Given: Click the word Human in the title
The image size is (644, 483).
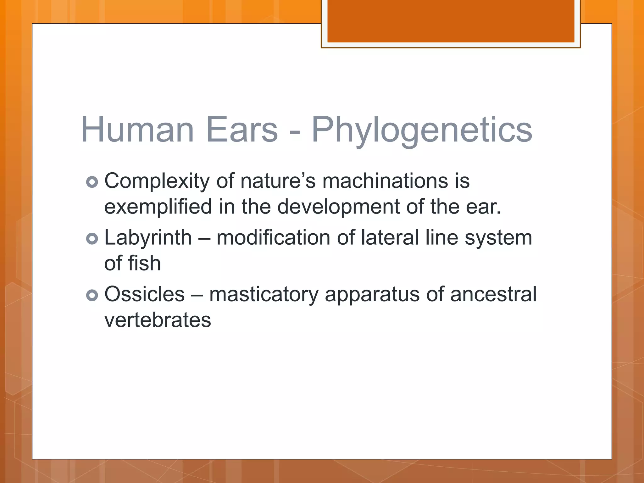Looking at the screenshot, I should tap(137, 130).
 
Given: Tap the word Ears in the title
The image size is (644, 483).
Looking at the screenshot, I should tap(242, 130).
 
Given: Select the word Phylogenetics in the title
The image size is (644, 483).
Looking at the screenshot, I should tap(422, 130).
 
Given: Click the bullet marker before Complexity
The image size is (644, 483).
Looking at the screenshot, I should tap(92, 182).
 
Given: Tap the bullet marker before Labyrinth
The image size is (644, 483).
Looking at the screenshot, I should tap(92, 239).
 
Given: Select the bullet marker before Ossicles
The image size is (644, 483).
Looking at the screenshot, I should tap(92, 295).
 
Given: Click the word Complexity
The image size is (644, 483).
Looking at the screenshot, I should tap(157, 181).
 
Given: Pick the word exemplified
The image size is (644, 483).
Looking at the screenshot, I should tap(158, 207).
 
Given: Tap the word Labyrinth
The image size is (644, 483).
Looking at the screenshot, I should tap(148, 238).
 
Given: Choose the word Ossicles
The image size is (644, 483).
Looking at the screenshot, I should tap(144, 294).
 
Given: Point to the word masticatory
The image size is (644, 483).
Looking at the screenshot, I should tap(264, 295).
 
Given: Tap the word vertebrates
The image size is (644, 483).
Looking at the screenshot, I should tap(158, 320).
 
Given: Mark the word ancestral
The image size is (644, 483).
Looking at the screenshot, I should tap(493, 294).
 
